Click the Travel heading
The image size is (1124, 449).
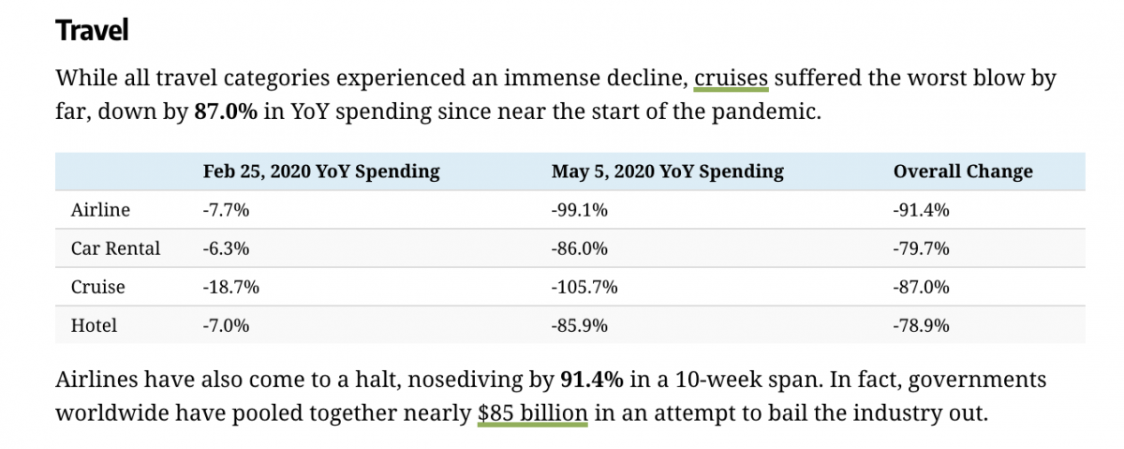coord(92,30)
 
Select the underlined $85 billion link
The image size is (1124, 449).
coord(532,412)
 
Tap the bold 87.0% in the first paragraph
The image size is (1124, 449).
coord(225,112)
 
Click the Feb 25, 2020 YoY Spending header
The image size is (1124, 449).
coord(320,172)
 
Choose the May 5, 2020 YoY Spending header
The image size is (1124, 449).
coord(667,172)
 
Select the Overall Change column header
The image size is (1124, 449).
coord(963,172)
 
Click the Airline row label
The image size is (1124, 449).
coord(100,210)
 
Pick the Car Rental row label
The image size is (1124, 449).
coord(115,248)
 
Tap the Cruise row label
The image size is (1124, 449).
coord(97,287)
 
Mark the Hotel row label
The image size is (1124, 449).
coord(94,325)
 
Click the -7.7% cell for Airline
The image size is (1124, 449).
coord(226,210)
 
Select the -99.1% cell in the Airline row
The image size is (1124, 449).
coord(580,210)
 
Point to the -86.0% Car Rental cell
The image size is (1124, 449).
coord(580,248)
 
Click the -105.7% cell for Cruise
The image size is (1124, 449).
coord(584,287)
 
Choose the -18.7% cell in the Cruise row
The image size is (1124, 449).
coord(230,287)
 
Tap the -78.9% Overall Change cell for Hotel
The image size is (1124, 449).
coord(922,325)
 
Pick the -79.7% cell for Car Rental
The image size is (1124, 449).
coord(922,248)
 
